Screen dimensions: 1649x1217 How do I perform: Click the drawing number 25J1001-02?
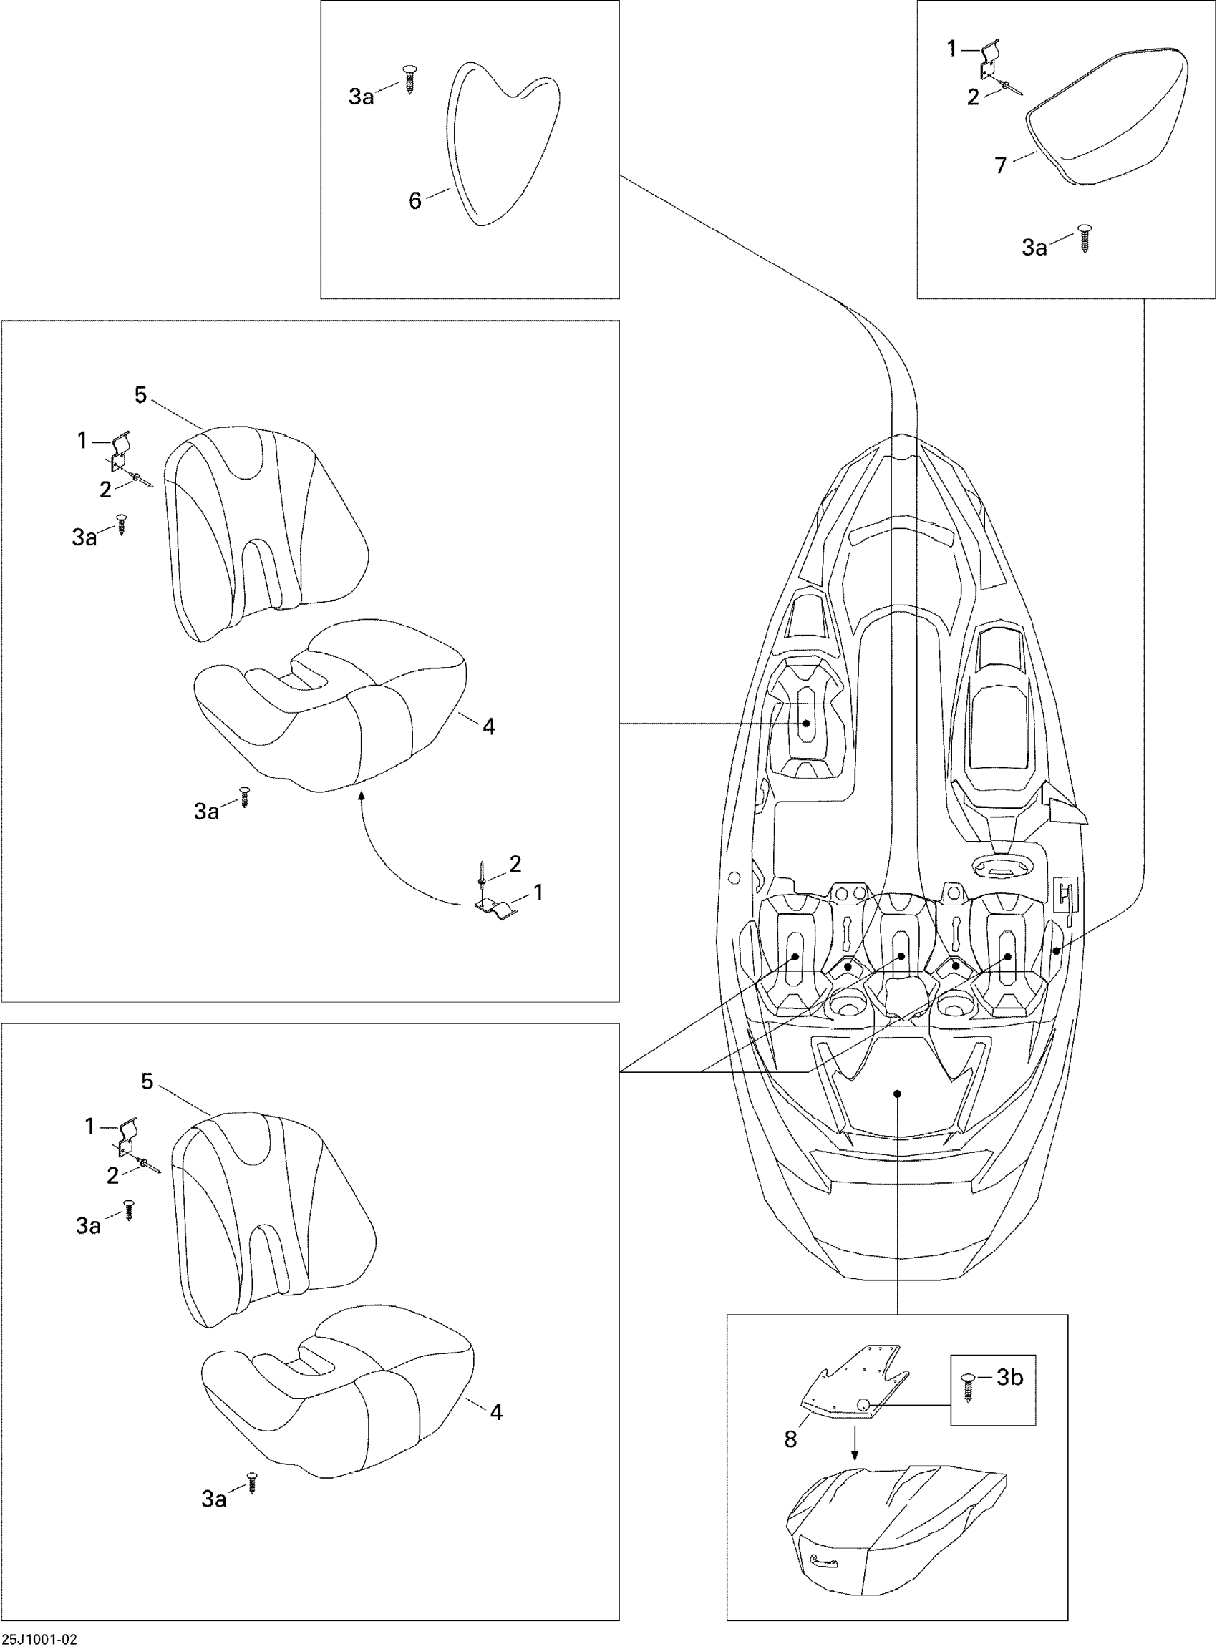[x=39, y=1640]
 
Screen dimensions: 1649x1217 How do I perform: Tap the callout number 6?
[x=414, y=201]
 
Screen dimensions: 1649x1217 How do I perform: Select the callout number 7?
[x=1000, y=166]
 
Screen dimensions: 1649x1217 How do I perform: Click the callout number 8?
[x=790, y=1439]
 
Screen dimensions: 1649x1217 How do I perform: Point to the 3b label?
[x=1010, y=1377]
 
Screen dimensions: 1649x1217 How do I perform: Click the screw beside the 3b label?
[x=968, y=1387]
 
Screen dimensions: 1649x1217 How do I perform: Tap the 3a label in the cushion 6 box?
[x=361, y=97]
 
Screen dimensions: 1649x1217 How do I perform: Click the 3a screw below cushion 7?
[x=1085, y=238]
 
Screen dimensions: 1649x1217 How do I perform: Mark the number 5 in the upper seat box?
[x=141, y=396]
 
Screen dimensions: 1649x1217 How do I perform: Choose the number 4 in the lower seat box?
[x=497, y=1412]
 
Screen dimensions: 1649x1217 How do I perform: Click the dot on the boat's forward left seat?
[x=807, y=724]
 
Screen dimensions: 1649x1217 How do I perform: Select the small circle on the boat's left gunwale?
[x=734, y=877]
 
